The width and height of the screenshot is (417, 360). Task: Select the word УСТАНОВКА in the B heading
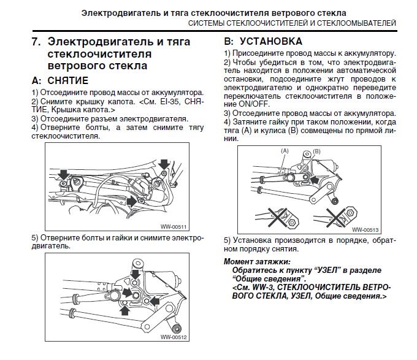point(270,42)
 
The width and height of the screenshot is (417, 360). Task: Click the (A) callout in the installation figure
point(285,150)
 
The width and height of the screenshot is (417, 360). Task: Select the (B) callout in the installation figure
point(316,150)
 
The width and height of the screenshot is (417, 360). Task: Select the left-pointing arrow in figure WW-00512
point(155,301)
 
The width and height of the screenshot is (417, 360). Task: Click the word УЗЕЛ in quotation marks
point(322,270)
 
